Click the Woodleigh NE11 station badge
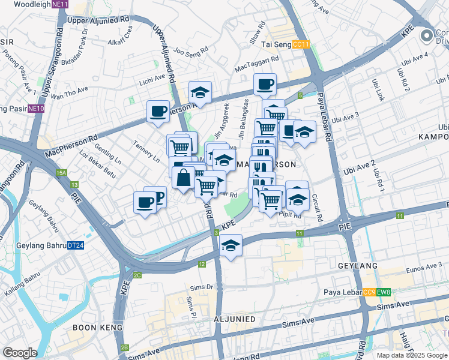tap(59, 4)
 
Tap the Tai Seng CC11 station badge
tap(301, 44)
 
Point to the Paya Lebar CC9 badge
tap(369, 293)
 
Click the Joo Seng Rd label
tap(190, 50)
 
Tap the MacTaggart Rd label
tap(257, 61)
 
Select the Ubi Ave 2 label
tap(360, 167)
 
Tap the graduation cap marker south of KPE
tap(230, 246)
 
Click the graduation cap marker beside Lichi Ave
tap(200, 92)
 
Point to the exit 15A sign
tap(61, 173)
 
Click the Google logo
tap(20, 352)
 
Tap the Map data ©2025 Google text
tap(412, 355)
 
